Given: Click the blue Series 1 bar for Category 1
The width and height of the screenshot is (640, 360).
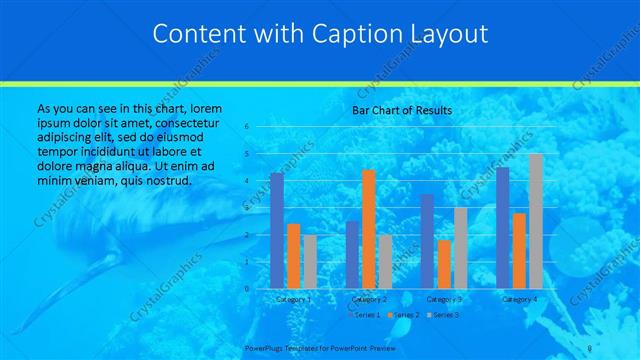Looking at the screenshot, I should pyautogui.click(x=277, y=231).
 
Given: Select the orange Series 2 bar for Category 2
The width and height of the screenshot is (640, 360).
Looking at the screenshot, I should pyautogui.click(x=369, y=229).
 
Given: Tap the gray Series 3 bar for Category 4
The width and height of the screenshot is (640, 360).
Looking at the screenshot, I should pyautogui.click(x=536, y=221).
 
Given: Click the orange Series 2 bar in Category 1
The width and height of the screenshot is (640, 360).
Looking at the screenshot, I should pyautogui.click(x=293, y=256).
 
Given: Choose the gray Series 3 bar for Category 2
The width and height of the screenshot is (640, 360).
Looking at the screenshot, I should pyautogui.click(x=385, y=261).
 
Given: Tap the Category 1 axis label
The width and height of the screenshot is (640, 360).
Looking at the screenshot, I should pyautogui.click(x=293, y=299).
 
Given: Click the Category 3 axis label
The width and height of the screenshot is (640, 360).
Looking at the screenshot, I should pyautogui.click(x=444, y=299).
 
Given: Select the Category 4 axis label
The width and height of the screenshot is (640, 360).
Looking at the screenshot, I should pyautogui.click(x=519, y=299).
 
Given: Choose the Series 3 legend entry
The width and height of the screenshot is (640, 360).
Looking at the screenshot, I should pyautogui.click(x=444, y=315).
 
